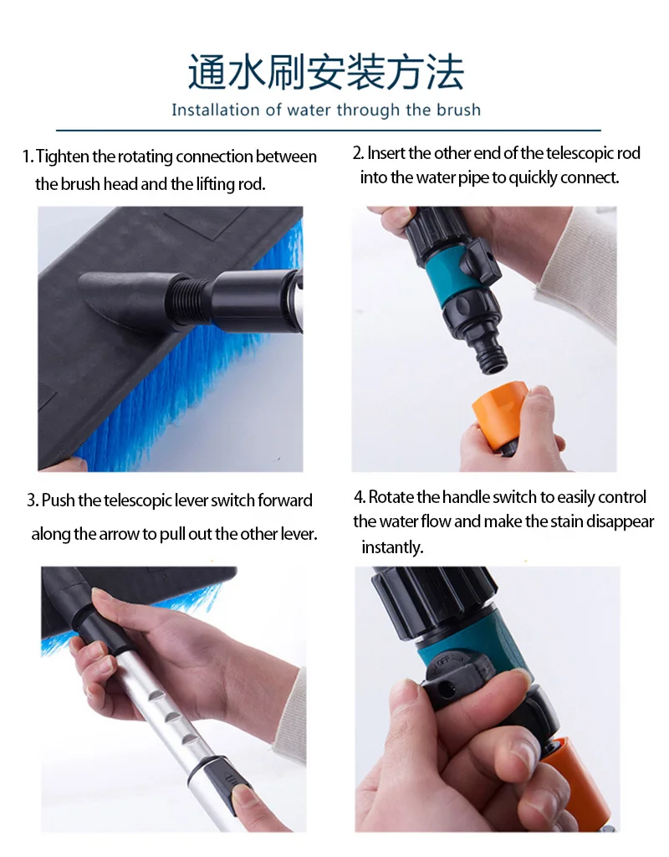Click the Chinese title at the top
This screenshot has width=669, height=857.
tap(326, 72)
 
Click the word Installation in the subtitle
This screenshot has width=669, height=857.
tap(216, 110)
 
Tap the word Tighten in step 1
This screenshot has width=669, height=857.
tap(63, 157)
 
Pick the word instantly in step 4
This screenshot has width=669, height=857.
tap(393, 547)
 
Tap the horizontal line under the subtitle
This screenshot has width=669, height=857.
tap(328, 131)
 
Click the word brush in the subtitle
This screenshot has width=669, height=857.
tap(459, 110)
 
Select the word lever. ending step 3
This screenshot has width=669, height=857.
tap(299, 533)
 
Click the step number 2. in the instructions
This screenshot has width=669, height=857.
tap(358, 154)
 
